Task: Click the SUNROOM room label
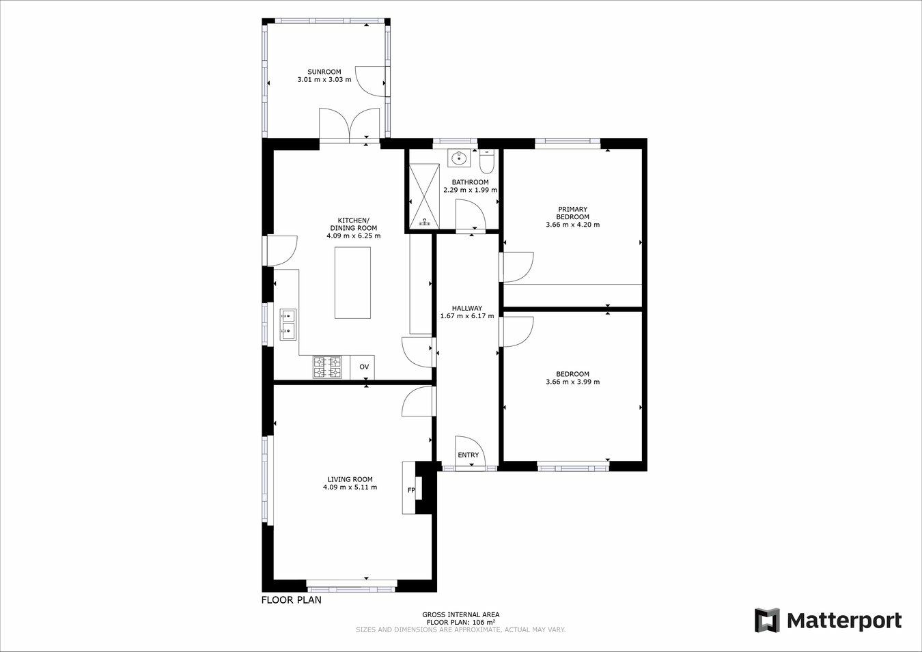324,72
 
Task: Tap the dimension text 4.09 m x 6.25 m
353,236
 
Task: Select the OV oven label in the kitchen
364,367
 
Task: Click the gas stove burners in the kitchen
327,367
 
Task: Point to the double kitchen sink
288,324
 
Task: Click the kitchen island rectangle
352,283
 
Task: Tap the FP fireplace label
411,490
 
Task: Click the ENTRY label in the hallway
468,455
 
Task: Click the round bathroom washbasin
459,158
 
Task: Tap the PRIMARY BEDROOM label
572,213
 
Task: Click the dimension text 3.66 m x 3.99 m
572,382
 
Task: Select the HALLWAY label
466,309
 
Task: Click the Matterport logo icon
766,621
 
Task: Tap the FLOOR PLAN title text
291,601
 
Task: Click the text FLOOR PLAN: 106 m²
460,623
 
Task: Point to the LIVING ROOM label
350,479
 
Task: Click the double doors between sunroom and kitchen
350,126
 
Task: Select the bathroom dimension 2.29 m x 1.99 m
470,190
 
